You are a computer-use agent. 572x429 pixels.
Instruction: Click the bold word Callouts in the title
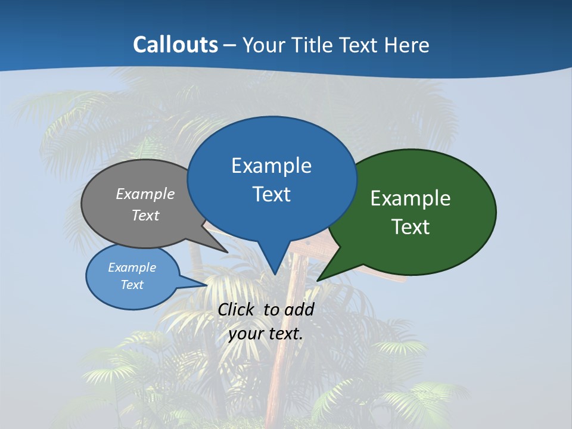[x=176, y=45]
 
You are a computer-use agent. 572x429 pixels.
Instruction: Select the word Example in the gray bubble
[x=145, y=194]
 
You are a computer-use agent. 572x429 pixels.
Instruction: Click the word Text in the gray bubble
[x=145, y=215]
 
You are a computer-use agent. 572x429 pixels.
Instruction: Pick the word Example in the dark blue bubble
[x=271, y=166]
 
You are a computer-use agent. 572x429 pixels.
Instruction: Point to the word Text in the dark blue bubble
[x=271, y=194]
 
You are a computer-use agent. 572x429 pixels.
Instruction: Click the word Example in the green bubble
[x=411, y=198]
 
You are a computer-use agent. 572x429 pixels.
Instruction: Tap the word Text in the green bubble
[x=411, y=227]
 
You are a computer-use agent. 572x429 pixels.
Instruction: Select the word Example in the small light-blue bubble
[x=132, y=268]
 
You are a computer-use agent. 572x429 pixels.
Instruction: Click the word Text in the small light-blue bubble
[x=132, y=285]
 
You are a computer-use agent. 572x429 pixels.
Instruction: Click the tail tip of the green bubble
[x=317, y=281]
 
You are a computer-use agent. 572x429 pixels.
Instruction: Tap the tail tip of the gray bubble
[x=228, y=253]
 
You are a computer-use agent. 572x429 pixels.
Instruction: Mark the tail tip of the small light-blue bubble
[x=207, y=285]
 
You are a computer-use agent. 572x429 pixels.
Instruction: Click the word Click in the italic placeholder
[x=237, y=309]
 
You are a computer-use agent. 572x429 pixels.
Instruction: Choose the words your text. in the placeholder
[x=266, y=334]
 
